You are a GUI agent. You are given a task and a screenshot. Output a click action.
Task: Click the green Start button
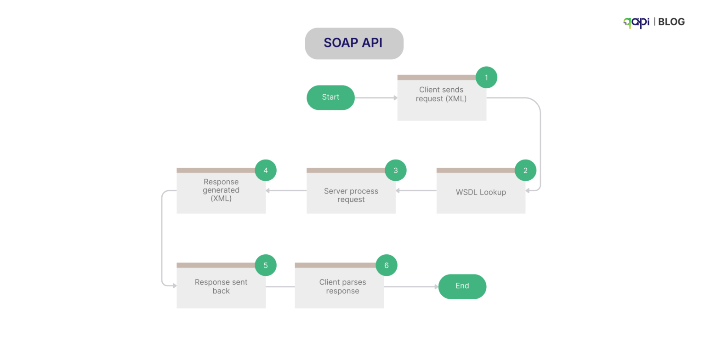pos(330,97)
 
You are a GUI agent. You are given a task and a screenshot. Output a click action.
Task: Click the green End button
pos(462,286)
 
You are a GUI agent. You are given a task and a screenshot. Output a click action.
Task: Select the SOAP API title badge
pos(354,43)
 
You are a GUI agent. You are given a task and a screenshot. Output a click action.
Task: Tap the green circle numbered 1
pos(486,77)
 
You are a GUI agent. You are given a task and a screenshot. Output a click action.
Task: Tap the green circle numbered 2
pos(525,170)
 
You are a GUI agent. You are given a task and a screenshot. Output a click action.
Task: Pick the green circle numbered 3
pos(395,170)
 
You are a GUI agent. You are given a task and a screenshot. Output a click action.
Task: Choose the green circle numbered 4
pos(266,170)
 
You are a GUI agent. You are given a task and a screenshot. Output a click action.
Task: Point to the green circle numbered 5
pos(266,265)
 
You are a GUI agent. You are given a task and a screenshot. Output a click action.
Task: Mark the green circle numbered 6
pos(386,265)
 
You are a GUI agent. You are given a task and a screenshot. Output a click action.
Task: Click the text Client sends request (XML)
pos(441,94)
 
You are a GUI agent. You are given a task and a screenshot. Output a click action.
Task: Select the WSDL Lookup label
pos(481,192)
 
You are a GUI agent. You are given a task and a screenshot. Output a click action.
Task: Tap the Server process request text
pos(351,195)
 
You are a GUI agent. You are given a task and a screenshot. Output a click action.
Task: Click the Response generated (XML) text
pos(221,190)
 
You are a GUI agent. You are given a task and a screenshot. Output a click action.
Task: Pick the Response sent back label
pos(221,286)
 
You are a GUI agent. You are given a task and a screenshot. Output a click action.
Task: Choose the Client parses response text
pos(342,286)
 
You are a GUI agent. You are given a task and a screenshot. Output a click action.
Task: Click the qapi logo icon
pos(636,22)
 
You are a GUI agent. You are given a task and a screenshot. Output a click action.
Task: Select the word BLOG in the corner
pos(671,22)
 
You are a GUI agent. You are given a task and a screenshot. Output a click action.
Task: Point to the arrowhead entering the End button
pos(436,286)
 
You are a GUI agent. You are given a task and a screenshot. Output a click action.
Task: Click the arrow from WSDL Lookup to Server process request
pos(416,190)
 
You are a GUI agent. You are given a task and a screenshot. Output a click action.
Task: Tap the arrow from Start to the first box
pos(376,97)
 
